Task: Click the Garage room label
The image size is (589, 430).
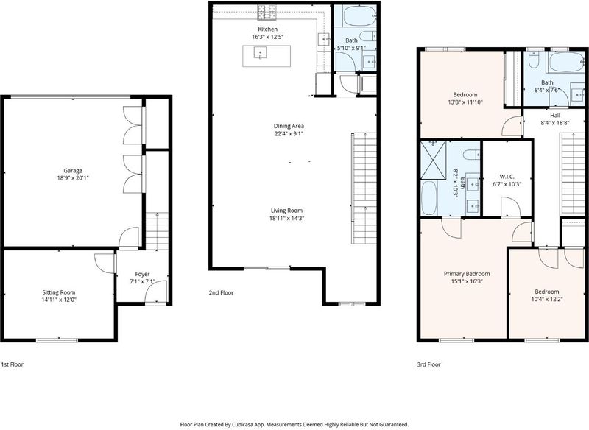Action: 73,171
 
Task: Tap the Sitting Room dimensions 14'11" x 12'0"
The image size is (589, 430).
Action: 59,300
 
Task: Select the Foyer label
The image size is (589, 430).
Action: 142,274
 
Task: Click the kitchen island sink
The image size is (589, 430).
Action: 261,52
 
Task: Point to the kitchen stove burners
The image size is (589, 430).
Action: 267,13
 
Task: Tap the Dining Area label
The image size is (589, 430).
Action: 289,126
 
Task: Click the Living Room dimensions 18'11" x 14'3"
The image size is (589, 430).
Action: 286,218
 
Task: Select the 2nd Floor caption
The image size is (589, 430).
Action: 222,292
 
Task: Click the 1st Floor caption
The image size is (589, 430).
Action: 13,364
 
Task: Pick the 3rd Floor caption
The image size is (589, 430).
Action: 429,364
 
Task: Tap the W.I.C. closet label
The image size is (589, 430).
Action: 507,177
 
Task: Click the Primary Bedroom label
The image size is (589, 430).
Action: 467,274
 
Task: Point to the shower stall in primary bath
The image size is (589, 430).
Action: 434,160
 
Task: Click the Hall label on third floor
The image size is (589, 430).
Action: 555,116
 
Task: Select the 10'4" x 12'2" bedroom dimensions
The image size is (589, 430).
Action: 547,300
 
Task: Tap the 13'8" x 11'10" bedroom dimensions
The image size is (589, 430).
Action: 465,102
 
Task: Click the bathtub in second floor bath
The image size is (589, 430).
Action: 355,15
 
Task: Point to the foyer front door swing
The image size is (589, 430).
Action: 156,292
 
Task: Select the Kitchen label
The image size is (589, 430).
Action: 268,29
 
